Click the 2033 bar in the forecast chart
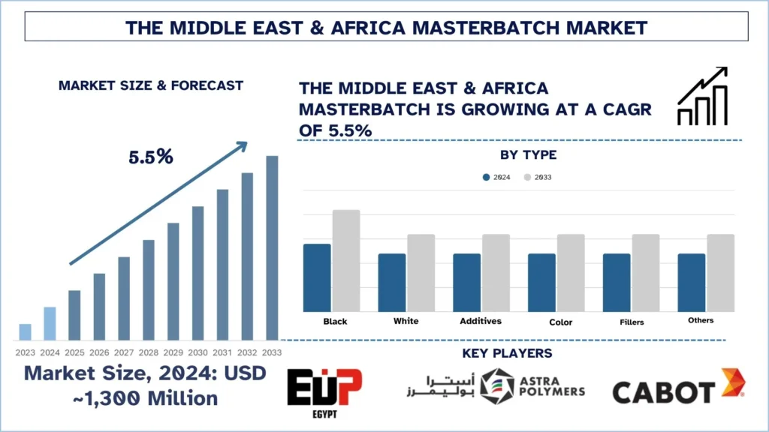[x=272, y=247]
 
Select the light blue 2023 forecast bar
[x=25, y=331]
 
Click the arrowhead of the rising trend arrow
[x=242, y=145]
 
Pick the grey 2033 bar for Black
[x=346, y=260]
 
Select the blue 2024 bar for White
[x=392, y=282]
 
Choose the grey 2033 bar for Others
[x=720, y=272]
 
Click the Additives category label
[x=481, y=321]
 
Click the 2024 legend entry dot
[x=486, y=178]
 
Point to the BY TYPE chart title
[x=528, y=155]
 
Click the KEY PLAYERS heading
[x=517, y=353]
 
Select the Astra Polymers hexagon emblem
[x=497, y=384]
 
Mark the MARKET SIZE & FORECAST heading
[x=151, y=85]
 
